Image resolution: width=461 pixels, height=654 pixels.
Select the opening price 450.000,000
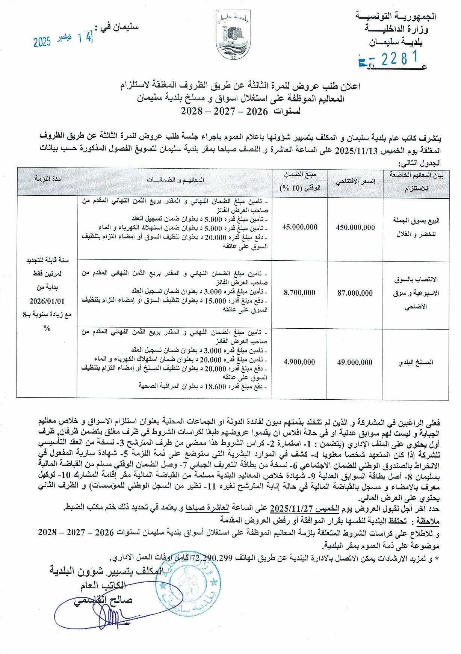355,227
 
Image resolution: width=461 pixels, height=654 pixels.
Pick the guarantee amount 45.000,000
300,227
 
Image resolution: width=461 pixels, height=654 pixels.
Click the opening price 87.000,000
355,293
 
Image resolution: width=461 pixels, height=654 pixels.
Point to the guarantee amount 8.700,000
300,293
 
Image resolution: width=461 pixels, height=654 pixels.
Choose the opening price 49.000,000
355,362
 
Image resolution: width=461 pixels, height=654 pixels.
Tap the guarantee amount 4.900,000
300,362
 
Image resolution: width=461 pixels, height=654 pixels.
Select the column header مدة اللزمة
47,179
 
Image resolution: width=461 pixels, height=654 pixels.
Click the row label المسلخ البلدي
417,362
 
